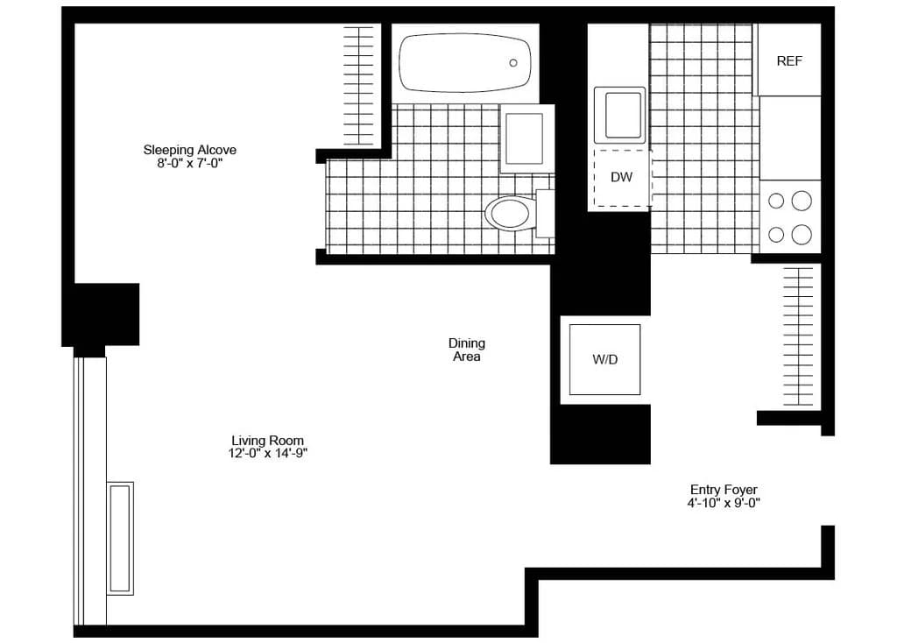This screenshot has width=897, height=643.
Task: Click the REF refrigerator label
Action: (789, 61)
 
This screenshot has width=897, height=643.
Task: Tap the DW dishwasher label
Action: (621, 177)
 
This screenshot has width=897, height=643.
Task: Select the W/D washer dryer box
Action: (604, 359)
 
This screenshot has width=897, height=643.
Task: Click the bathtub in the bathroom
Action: (463, 62)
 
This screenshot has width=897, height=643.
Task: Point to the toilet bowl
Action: (511, 213)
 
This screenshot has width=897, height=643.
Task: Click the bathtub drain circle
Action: (513, 62)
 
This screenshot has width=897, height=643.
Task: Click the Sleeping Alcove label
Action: (190, 150)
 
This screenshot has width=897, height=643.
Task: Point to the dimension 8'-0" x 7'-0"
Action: (190, 163)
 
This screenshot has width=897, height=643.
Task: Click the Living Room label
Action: (268, 440)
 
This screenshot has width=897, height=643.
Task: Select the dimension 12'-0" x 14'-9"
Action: (268, 453)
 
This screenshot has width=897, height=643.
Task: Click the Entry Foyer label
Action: (724, 490)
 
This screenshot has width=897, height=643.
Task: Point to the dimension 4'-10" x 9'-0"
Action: (724, 503)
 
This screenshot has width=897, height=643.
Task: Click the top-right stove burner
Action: (802, 201)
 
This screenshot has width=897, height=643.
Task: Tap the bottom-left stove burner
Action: (776, 234)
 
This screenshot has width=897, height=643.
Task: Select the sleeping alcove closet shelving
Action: (358, 85)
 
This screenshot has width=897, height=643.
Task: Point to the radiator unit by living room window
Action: (120, 538)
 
